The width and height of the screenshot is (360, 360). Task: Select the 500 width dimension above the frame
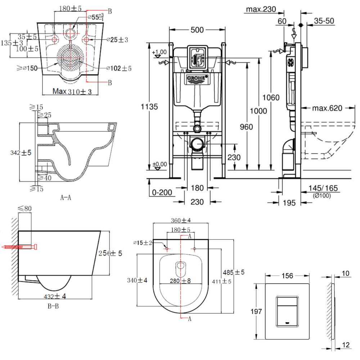(197, 30)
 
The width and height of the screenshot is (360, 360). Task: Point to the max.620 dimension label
(327, 108)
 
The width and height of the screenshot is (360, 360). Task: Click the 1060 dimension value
(271, 97)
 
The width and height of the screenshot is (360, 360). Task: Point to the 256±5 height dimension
(110, 253)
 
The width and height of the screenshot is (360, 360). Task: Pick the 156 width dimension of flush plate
(287, 276)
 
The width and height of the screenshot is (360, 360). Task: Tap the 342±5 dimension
(21, 153)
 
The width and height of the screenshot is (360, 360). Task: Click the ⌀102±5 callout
(119, 68)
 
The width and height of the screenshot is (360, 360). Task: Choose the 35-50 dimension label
(324, 21)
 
